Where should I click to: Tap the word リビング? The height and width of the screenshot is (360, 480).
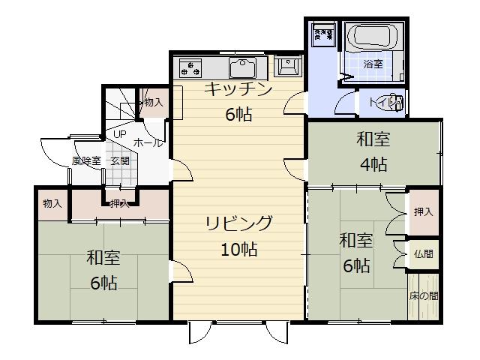(x=239, y=223)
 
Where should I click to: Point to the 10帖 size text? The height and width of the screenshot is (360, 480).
(x=239, y=250)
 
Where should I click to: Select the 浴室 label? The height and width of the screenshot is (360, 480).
(x=373, y=64)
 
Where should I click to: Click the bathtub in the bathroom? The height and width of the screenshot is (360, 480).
(x=373, y=37)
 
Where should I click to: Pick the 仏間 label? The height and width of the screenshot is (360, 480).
(x=423, y=254)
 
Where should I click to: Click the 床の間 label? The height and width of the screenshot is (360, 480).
(x=424, y=296)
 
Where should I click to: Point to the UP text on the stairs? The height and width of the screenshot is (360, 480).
(x=119, y=134)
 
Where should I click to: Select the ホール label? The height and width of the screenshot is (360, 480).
(x=148, y=142)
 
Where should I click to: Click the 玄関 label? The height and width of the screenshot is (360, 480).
(x=120, y=160)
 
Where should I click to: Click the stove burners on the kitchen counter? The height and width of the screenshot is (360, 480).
(x=190, y=68)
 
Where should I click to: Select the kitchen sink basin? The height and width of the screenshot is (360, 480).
(x=243, y=68)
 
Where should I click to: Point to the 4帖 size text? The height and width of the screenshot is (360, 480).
(x=373, y=164)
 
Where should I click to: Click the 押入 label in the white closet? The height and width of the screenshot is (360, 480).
(x=423, y=212)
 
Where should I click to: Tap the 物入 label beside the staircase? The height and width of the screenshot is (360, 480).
(x=153, y=101)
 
